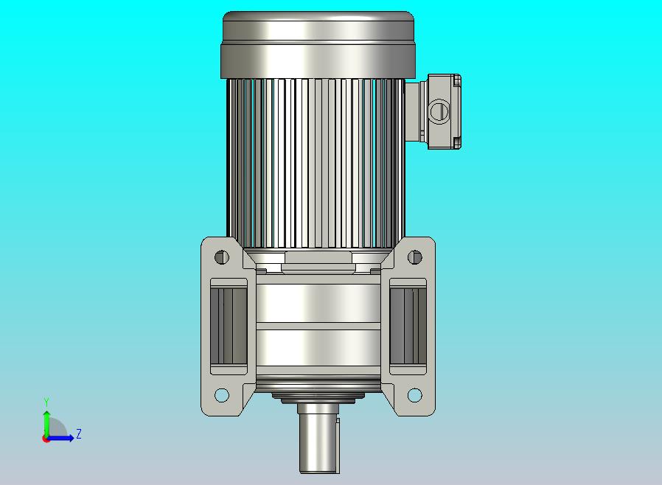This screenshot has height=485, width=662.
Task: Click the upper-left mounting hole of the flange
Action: [222, 257]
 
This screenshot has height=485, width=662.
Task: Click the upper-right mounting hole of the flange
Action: [414, 257]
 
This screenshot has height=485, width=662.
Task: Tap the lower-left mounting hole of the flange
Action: [222, 395]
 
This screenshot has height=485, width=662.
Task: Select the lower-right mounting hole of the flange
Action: [414, 395]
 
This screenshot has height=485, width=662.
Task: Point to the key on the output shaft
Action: [338, 445]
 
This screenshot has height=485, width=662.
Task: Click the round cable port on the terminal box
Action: [439, 111]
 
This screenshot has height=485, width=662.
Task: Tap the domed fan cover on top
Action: [318, 44]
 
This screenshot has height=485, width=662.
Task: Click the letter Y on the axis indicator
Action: [46, 402]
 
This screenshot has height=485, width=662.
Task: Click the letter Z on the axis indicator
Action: [79, 433]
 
